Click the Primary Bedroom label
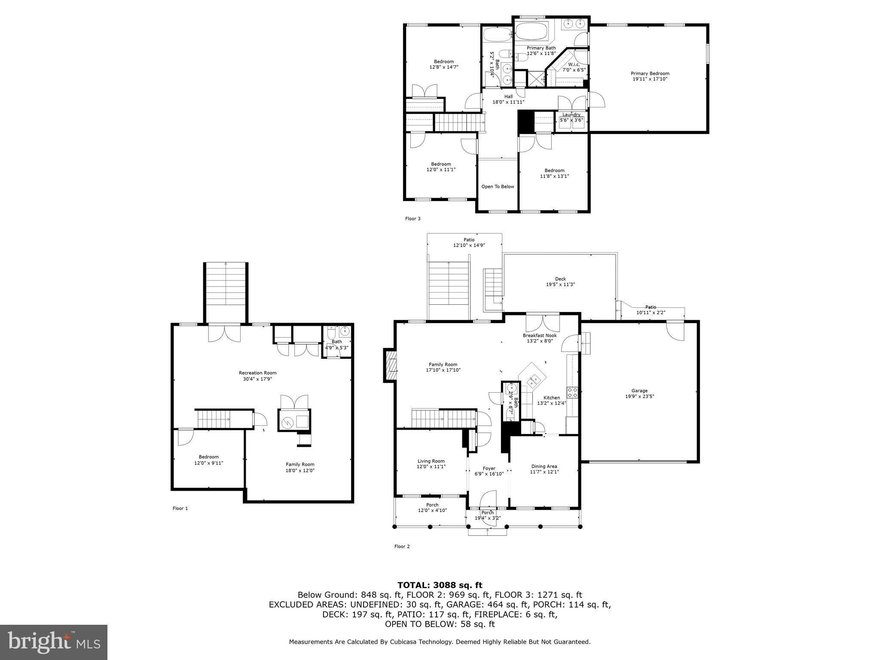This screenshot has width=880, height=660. [x=650, y=73]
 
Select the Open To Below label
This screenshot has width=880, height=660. [x=498, y=186]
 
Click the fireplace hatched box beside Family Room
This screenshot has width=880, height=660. [x=391, y=365]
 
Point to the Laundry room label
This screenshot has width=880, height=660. [x=571, y=115]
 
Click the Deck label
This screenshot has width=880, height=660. [x=560, y=279]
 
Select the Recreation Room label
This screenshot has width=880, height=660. [x=257, y=373]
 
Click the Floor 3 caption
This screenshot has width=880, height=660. [x=412, y=219]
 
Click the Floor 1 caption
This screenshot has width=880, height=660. [x=180, y=508]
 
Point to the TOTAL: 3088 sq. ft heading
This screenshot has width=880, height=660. [x=440, y=585]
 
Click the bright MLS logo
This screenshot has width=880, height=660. [x=54, y=642]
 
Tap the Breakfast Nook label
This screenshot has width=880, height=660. [x=540, y=336]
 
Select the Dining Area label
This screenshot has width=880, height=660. [x=544, y=466]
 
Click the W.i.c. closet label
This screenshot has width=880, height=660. [x=574, y=64]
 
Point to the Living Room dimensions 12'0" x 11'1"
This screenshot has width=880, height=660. [x=431, y=467]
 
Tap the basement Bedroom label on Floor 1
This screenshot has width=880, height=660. [x=208, y=457]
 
